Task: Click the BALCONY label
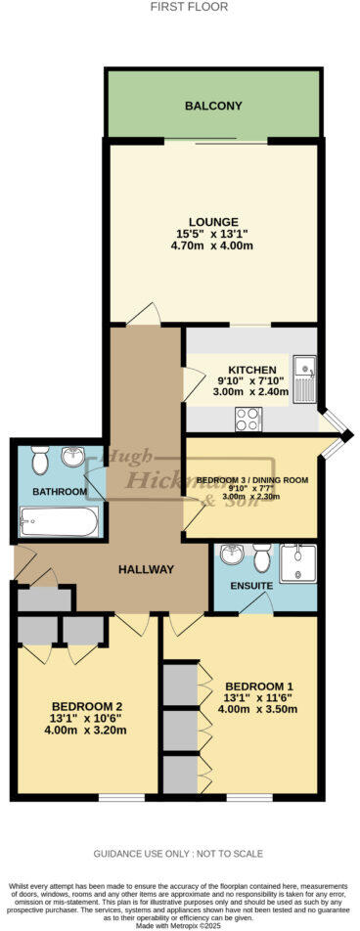(213, 106)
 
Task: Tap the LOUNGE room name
(214, 222)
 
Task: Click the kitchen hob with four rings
(247, 418)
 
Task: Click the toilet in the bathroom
(40, 459)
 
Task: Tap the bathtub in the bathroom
(60, 520)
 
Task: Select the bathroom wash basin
(72, 458)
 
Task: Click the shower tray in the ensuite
(296, 564)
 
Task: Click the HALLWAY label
(146, 569)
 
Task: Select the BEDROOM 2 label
(86, 706)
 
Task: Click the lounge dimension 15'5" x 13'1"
(214, 234)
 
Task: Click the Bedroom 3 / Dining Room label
(252, 480)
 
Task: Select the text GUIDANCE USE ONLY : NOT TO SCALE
(179, 854)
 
